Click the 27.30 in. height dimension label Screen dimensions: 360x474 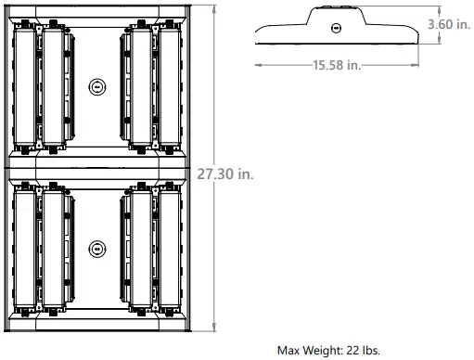225,174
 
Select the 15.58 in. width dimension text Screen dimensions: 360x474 336,64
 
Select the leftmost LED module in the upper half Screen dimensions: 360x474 25,86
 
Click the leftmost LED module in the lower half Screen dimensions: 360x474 25,249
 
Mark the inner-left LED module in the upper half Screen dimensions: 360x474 52,86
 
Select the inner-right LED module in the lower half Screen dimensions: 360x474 140,249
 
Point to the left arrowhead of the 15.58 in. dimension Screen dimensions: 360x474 258,64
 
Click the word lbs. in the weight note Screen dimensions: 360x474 370,351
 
